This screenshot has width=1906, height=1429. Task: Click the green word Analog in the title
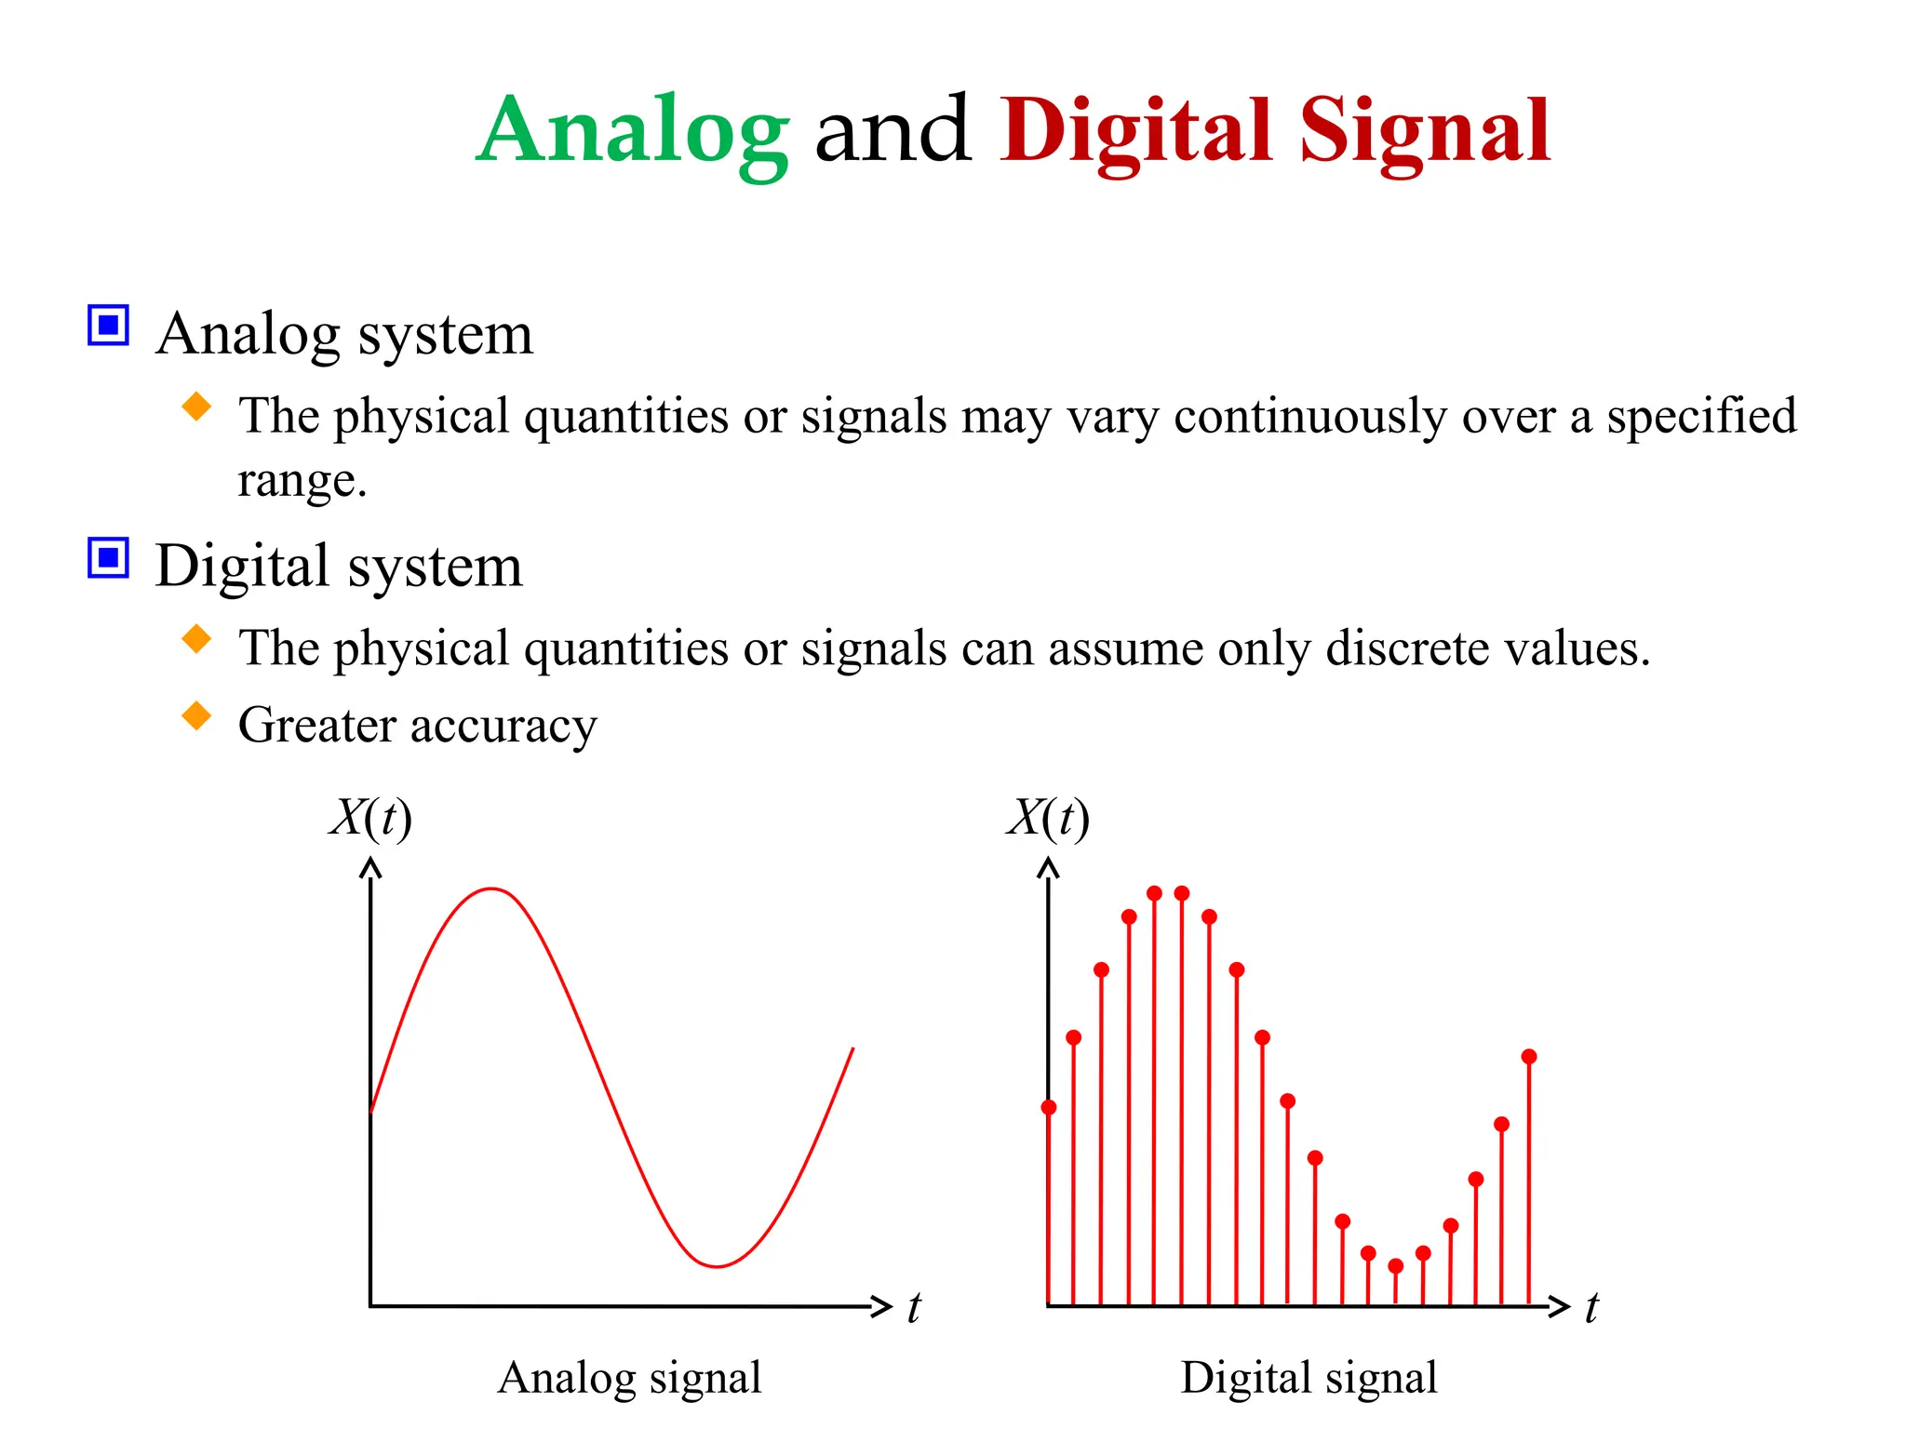coord(633,132)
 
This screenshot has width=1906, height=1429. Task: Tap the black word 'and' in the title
coord(893,132)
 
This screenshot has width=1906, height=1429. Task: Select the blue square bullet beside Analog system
coord(108,325)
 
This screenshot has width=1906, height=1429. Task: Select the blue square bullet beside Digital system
coord(108,557)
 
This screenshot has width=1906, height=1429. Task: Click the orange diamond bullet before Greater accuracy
coord(196,715)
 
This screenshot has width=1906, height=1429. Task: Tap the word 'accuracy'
coord(503,727)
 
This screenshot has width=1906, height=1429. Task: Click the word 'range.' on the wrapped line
coord(302,481)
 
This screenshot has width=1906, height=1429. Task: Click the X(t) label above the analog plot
coord(370,819)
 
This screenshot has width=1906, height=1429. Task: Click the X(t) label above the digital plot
coord(1048,819)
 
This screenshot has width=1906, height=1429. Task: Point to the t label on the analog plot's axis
coord(914,1307)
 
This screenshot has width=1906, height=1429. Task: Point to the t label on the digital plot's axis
coord(1591,1307)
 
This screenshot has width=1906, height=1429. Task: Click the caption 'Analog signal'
coord(629,1378)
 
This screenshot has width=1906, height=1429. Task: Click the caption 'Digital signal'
coord(1309,1378)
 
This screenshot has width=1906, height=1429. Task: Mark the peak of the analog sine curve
coord(491,889)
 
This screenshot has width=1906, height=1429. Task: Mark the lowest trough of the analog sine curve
coord(718,1266)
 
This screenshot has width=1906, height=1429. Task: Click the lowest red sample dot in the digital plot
coord(1395,1266)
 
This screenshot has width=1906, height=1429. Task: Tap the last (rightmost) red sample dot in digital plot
coord(1529,1057)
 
